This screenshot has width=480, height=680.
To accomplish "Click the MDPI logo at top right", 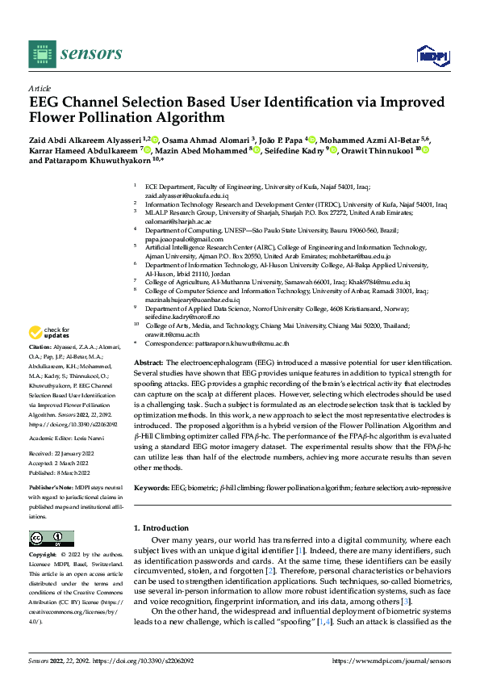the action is coord(432,54).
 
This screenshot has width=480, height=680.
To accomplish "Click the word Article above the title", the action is coord(40,88).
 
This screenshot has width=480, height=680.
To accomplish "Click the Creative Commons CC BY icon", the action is coord(47,539).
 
